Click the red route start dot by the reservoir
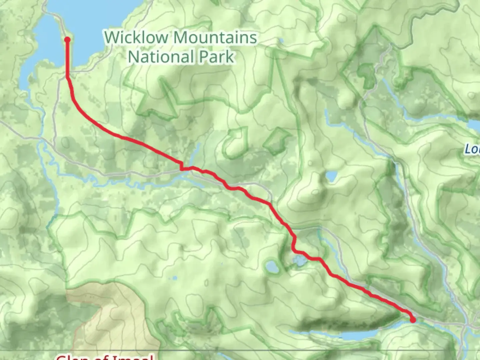point(67,40)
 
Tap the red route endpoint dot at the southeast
point(413,320)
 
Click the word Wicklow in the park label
point(136,37)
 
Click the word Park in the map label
point(217,56)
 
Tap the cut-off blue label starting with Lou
point(472,149)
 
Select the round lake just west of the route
point(273,267)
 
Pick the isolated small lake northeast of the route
point(331,176)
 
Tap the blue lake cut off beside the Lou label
point(474,125)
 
